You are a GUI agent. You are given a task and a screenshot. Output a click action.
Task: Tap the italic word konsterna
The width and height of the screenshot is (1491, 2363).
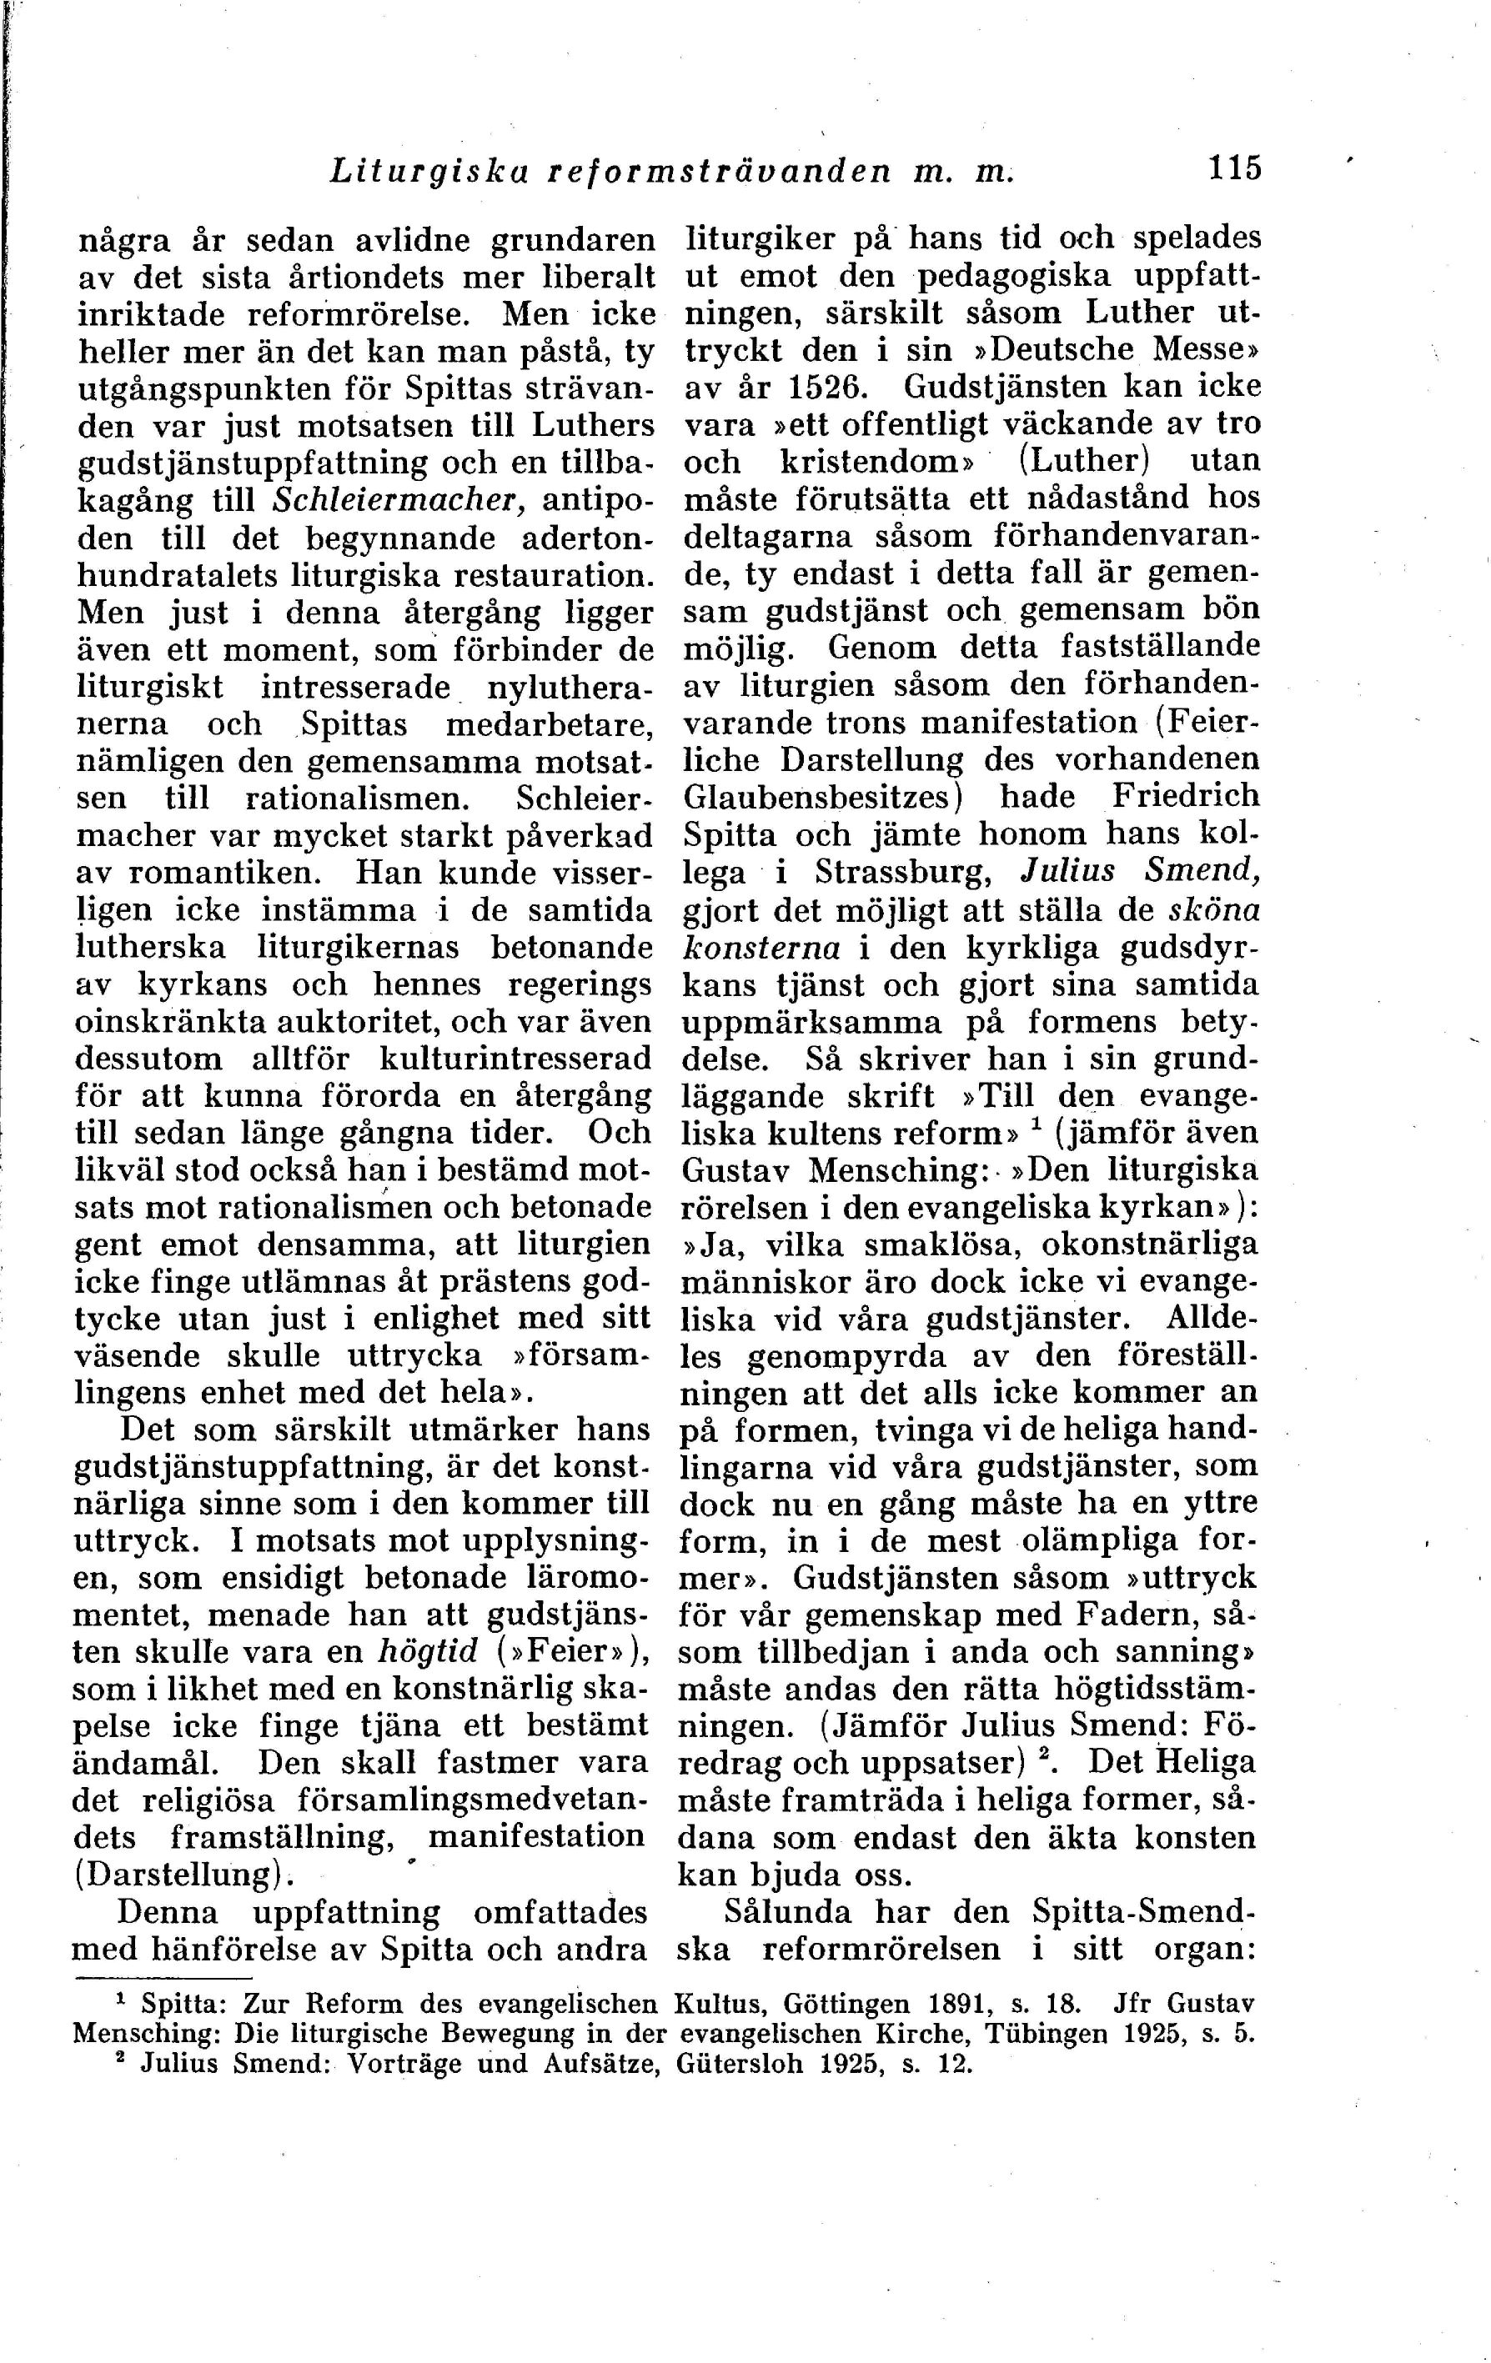tap(761, 949)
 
